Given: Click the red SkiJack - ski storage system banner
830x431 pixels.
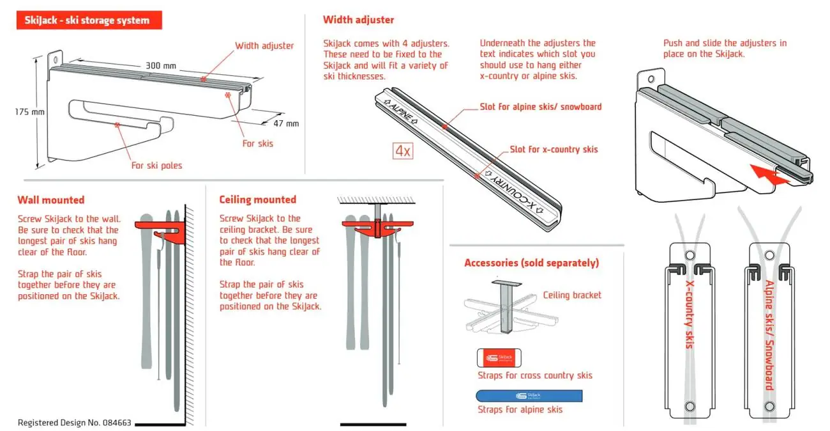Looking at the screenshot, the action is pos(89,20).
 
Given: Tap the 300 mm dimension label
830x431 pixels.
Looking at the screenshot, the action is pos(160,66).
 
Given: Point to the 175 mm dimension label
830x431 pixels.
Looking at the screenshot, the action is pos(29,112).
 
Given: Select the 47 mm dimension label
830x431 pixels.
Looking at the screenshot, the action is pos(286,123).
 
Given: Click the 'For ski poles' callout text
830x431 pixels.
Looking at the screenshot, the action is pos(156,165).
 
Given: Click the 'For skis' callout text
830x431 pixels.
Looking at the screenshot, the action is pos(258,143).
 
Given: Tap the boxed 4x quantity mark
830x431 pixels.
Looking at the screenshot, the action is pos(403,151).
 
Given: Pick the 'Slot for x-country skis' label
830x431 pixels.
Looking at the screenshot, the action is pos(554,149).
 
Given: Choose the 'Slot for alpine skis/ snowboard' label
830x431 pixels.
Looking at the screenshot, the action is pos(541,107).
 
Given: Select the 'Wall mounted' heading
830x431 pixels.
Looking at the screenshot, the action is pos(51,200).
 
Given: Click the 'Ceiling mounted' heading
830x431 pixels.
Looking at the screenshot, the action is pos(258,200).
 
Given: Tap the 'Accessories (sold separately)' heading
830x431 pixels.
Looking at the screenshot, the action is pos(532,263).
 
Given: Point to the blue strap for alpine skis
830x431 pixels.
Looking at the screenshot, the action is pos(529,396).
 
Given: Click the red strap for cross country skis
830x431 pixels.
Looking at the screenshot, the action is pos(499,358).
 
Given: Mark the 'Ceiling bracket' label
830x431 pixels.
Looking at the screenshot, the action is pos(572,295).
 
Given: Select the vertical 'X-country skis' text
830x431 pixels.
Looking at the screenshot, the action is pos(689,315).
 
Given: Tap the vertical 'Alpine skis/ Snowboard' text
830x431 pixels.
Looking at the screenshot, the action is pos(770,335).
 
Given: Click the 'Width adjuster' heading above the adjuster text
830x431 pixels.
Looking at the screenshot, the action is pos(358,20).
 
